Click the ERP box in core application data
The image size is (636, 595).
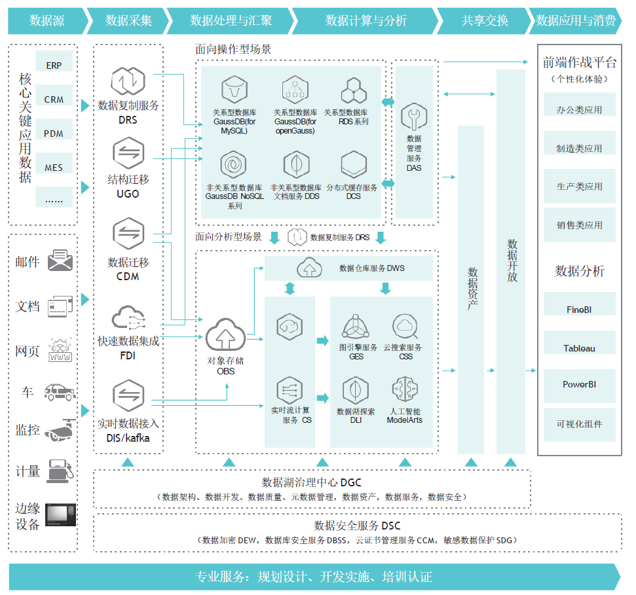pos(54,65)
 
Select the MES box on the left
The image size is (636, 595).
pos(54,167)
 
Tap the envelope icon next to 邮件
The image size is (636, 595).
pos(61,261)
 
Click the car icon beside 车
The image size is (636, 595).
pos(60,391)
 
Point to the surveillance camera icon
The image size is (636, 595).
pos(61,430)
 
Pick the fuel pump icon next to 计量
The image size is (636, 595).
pos(61,471)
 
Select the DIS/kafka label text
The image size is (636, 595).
pos(128,438)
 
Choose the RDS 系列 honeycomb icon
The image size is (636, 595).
pos(354,90)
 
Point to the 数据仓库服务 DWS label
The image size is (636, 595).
pos(371,268)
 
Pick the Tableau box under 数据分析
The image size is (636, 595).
pos(579,348)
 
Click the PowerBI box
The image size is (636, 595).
pos(579,384)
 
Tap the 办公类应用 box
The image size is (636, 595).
pos(579,110)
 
